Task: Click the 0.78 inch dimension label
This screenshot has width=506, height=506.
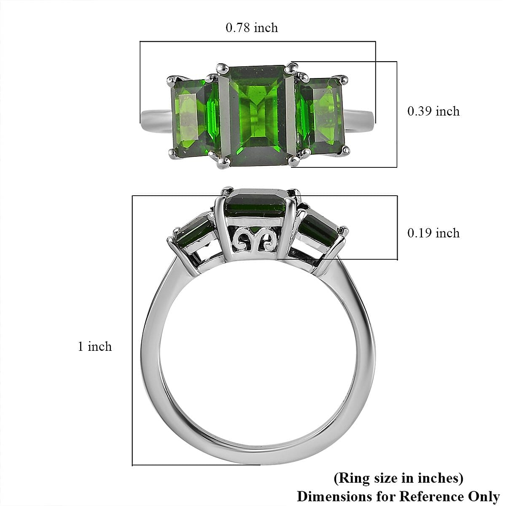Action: [x=252, y=27]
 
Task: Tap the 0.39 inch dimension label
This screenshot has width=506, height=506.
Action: [x=433, y=111]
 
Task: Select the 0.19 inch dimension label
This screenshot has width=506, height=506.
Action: [x=433, y=233]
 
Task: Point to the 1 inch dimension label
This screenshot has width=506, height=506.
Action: [x=95, y=347]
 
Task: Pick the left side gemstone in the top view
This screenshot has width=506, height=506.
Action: [x=194, y=118]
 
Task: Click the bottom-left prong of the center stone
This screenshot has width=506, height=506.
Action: [x=223, y=163]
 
